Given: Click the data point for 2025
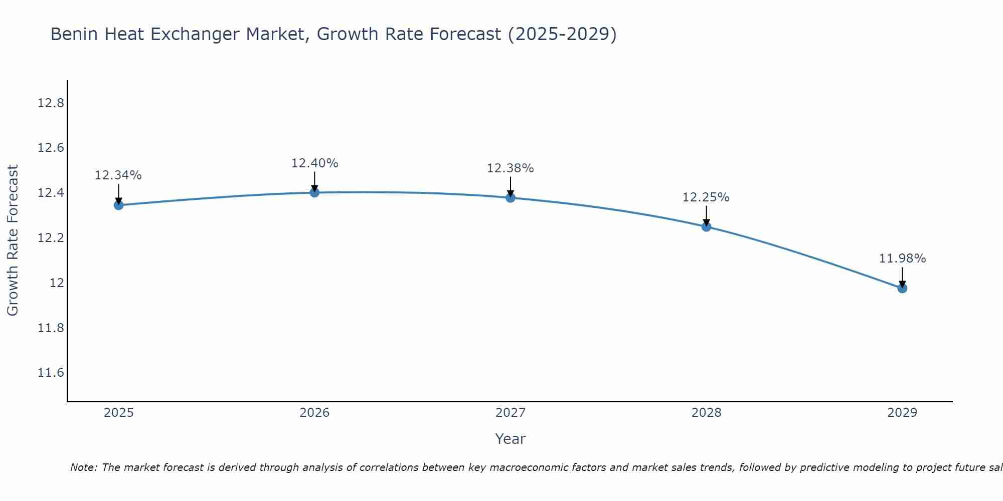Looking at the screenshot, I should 118,205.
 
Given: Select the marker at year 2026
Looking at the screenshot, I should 314,192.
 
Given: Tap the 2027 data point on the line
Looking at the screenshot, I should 511,197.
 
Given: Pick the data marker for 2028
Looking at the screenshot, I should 706,226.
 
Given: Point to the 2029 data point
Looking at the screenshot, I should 902,288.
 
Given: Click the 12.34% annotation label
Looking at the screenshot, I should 118,175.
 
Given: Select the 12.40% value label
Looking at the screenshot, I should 314,163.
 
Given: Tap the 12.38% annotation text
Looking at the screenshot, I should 511,168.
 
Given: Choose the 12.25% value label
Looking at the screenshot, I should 706,197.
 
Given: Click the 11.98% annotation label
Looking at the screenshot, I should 902,259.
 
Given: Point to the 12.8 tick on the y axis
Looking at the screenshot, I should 51,103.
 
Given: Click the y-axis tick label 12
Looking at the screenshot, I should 57,283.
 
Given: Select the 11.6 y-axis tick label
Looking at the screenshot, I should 51,373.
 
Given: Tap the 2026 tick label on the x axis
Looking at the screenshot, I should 314,413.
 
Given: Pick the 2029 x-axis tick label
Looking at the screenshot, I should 902,413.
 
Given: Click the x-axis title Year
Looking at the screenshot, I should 510,439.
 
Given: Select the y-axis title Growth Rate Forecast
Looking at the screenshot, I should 13,240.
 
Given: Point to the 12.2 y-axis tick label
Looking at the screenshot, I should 51,238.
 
